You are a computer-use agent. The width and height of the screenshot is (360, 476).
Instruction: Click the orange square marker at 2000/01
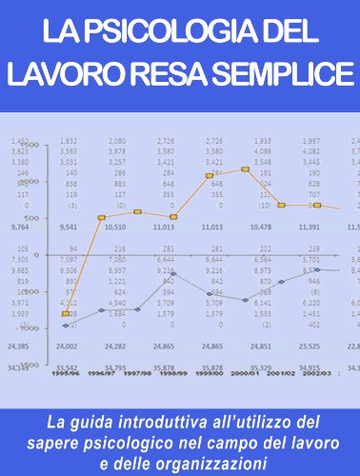click(246, 169)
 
